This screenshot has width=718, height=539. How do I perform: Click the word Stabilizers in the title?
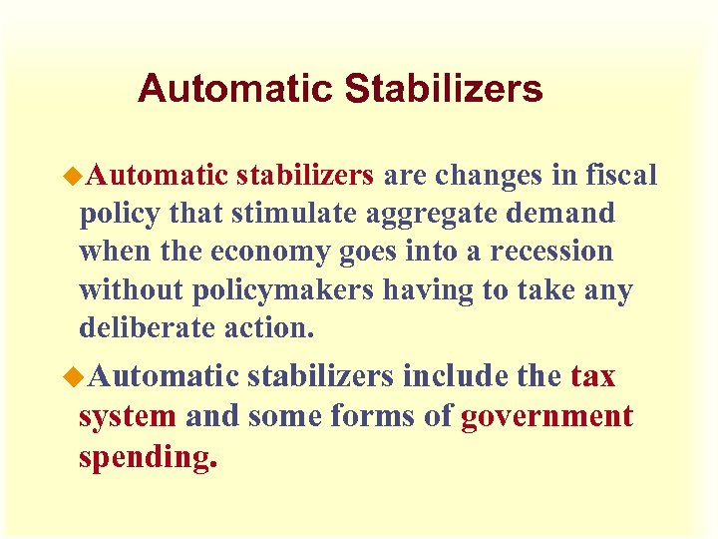tap(444, 89)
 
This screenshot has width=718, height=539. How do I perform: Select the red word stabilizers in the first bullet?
tap(305, 176)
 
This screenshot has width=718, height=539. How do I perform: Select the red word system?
tap(128, 416)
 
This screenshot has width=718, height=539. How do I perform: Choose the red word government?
tap(546, 417)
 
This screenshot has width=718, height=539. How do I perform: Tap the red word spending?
tap(148, 457)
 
